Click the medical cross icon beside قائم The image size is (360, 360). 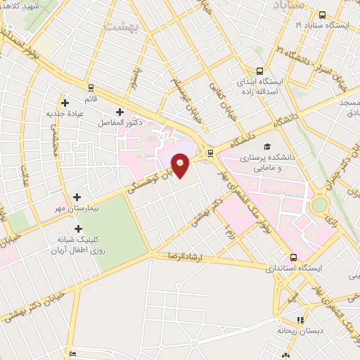pyautogui.click(x=65, y=102)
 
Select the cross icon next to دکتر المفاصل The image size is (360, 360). pyautogui.click(x=120, y=112)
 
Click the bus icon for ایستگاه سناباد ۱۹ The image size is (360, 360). pyautogui.click(x=322, y=15)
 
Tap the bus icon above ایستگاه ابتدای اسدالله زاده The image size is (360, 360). pyautogui.click(x=260, y=71)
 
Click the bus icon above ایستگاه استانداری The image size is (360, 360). pyautogui.click(x=293, y=258)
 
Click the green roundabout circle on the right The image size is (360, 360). pyautogui.click(x=321, y=205)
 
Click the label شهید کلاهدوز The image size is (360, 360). pyautogui.click(x=21, y=5)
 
